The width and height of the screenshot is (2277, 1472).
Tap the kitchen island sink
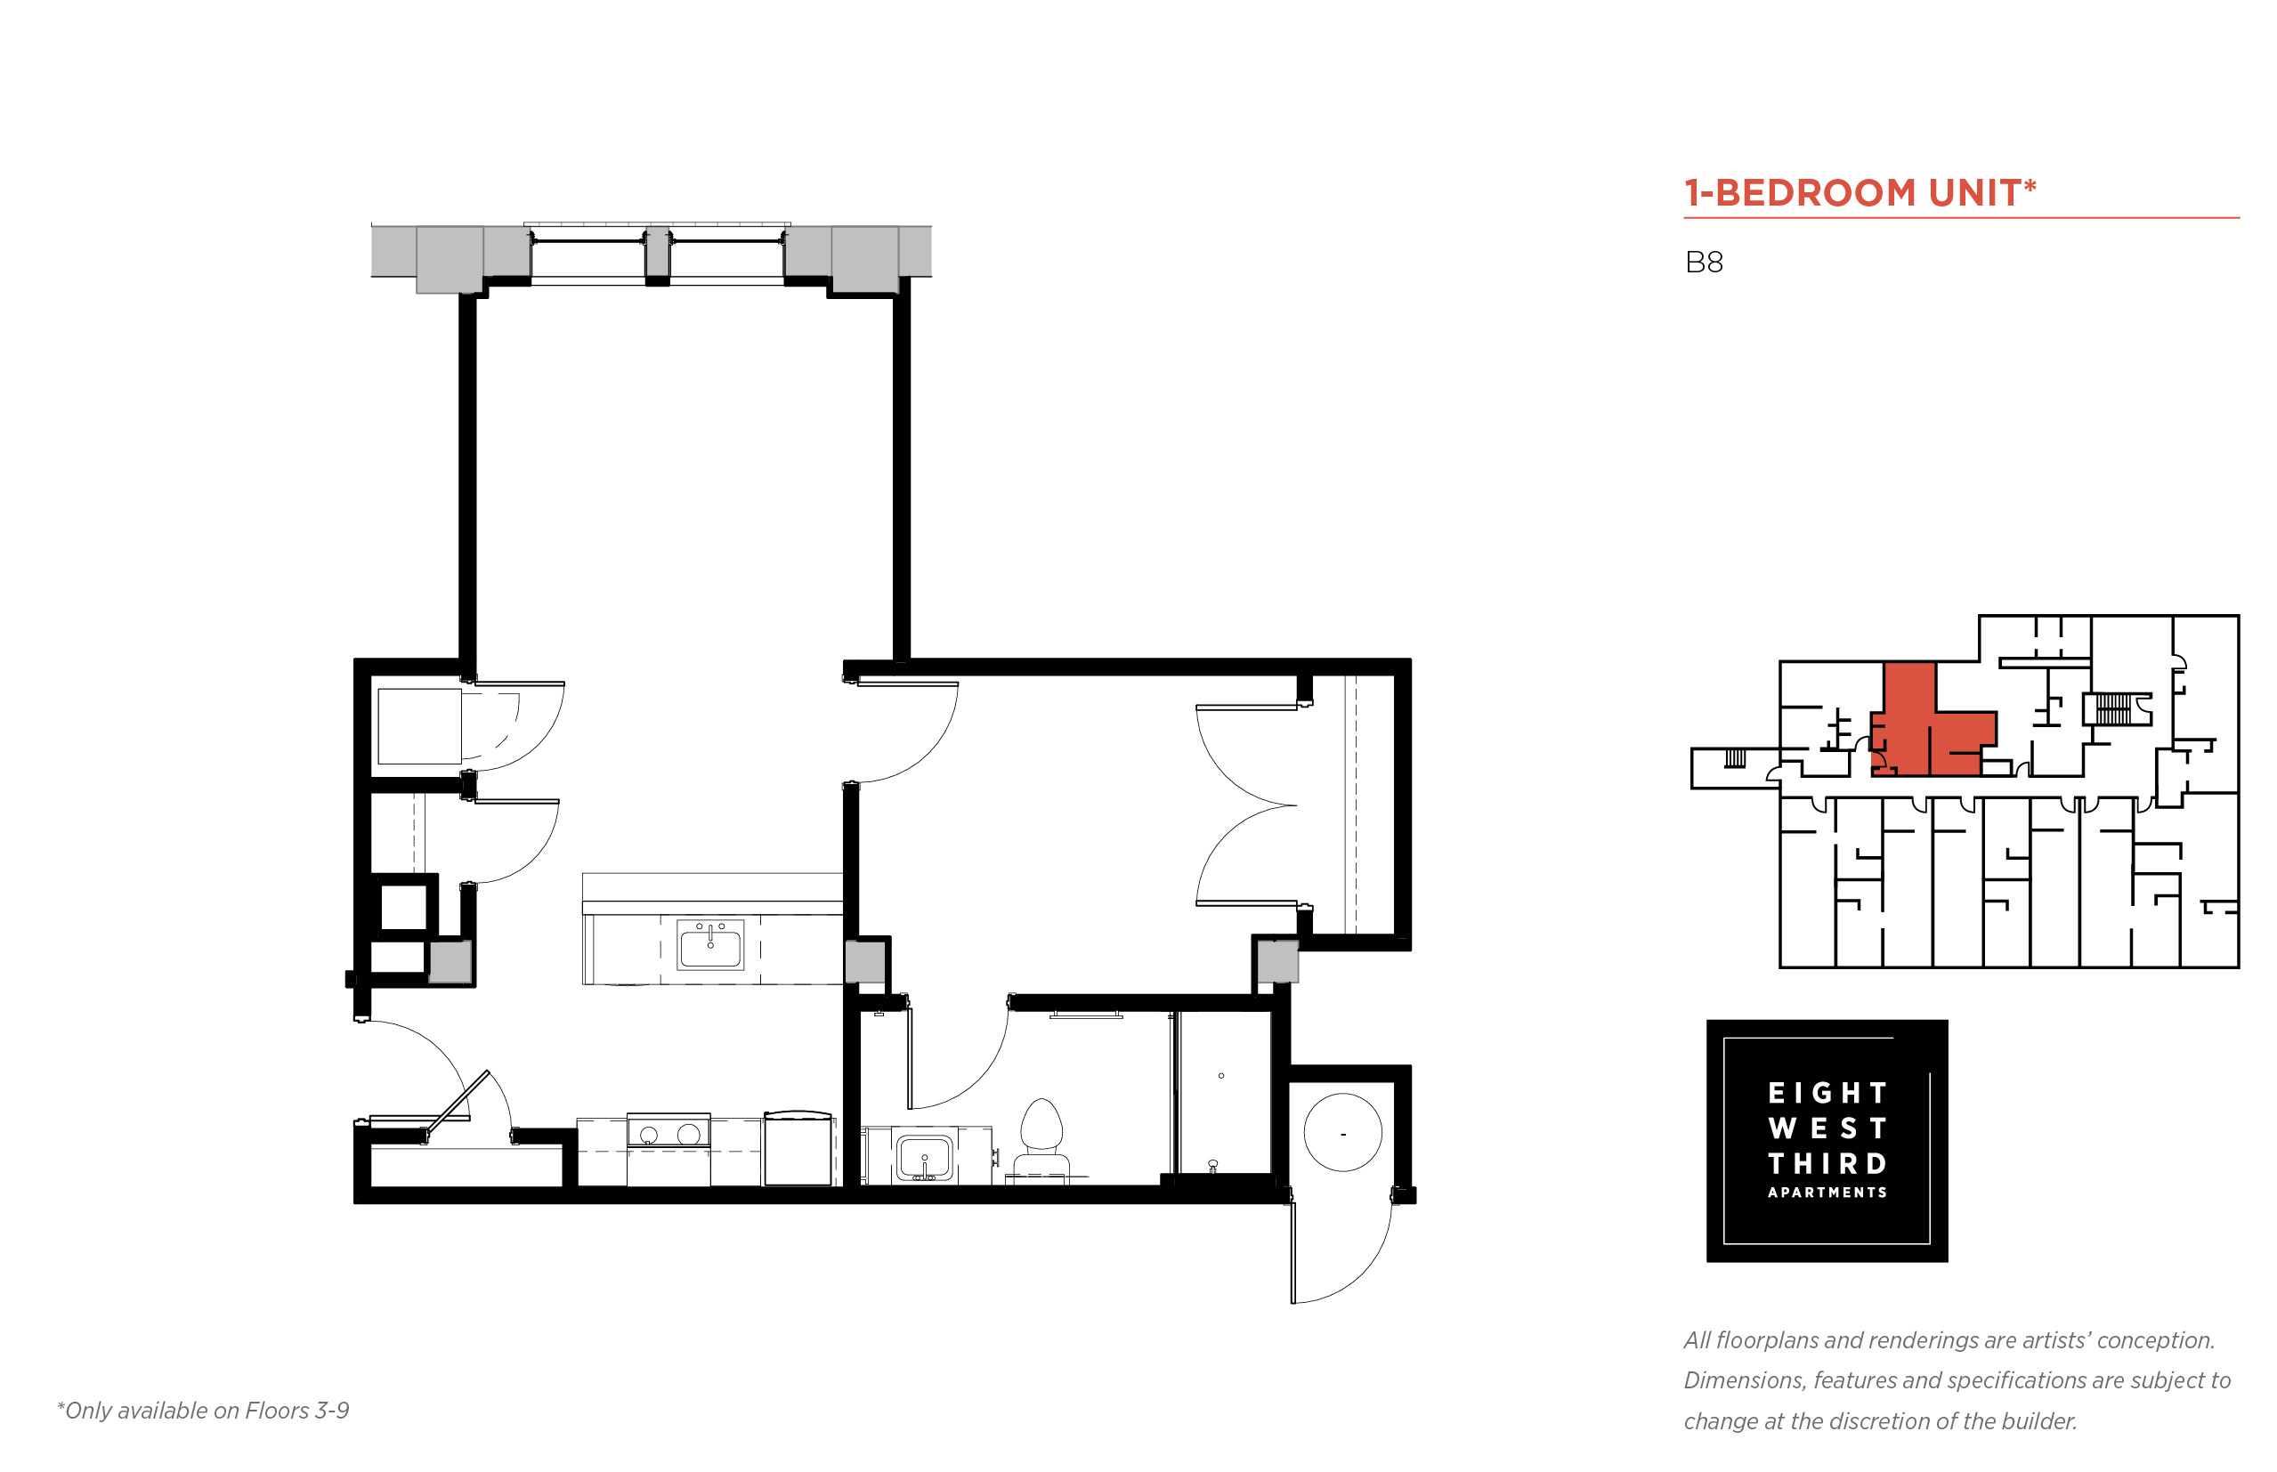pos(710,944)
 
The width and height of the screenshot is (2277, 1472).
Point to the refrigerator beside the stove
pos(798,1148)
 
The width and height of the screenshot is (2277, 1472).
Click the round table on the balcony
pos(1342,1133)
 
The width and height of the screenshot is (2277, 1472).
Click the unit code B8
pos(1704,262)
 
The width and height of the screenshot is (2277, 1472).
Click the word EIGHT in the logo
pos(1827,1093)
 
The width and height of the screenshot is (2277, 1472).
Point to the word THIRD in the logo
pos(1827,1163)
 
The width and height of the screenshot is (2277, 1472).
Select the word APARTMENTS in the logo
pos(1827,1192)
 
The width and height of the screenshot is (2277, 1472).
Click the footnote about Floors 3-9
pos(203,1411)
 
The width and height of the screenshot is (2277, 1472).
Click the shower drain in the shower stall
pos(1220,1076)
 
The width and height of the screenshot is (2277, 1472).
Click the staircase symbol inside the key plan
pos(2112,709)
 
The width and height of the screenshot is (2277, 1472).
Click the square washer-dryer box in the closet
pos(419,726)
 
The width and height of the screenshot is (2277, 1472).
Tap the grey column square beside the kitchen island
pos(865,961)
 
